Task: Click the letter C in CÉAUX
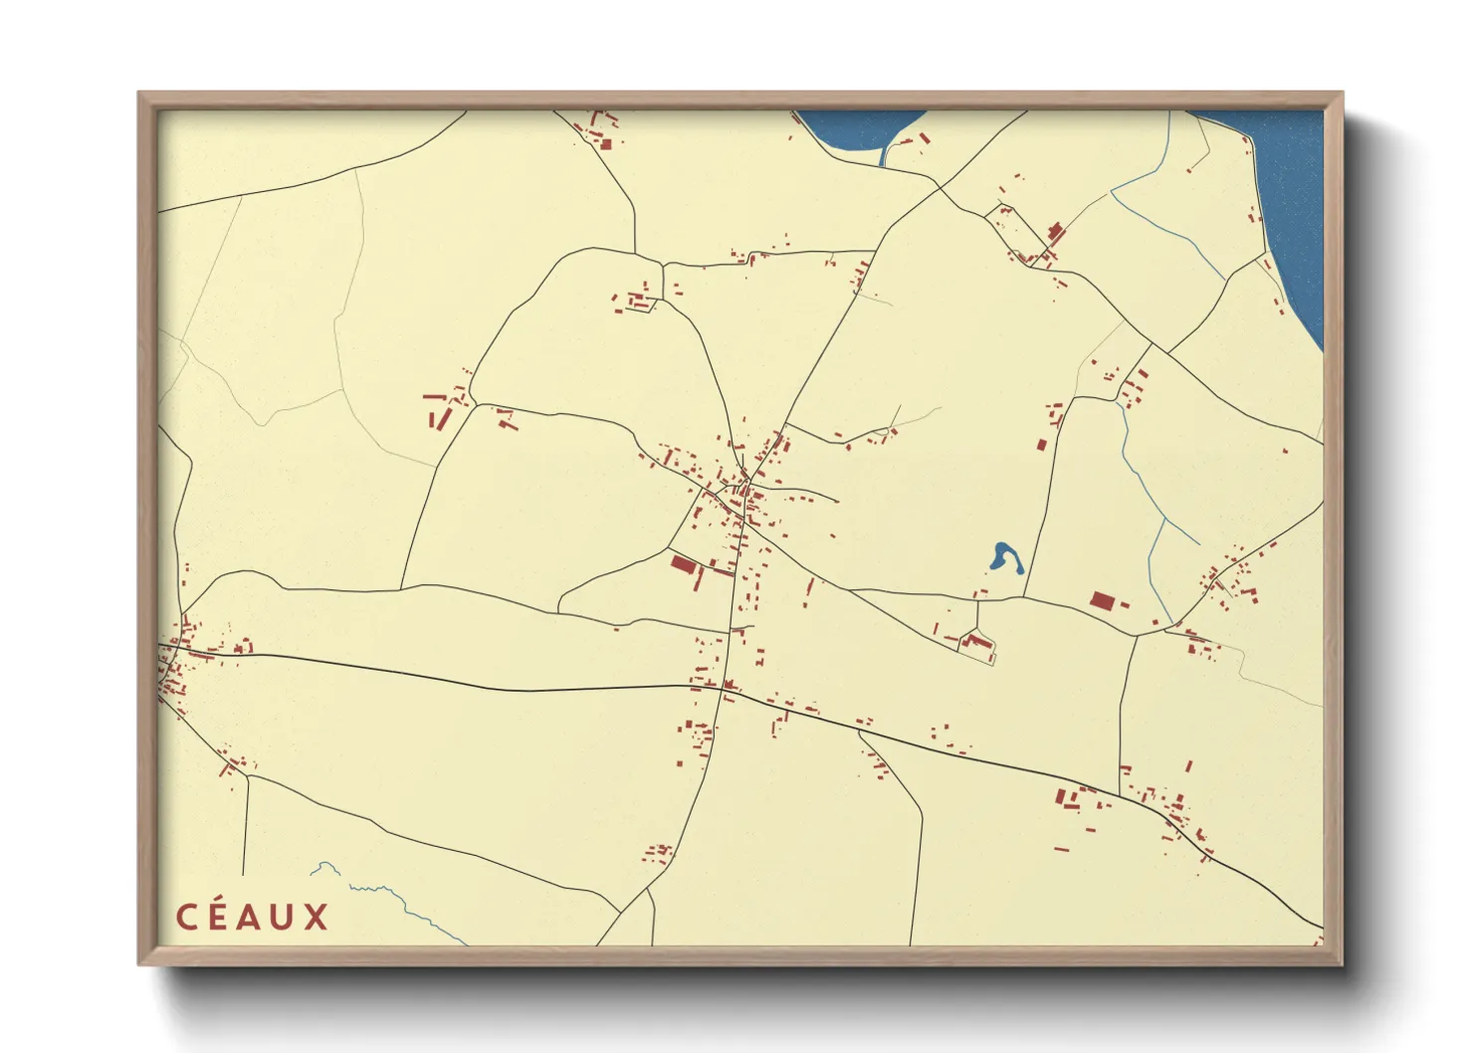[x=186, y=917]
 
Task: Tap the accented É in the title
[x=219, y=917]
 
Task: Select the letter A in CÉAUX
[x=251, y=918]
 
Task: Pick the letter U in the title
[x=284, y=918]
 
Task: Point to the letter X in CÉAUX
[x=316, y=918]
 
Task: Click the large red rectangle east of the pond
[x=1100, y=600]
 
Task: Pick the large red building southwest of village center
[x=682, y=565]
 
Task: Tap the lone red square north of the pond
[x=1042, y=444]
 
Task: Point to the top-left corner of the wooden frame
[x=139, y=94]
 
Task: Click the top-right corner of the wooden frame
[x=1342, y=94]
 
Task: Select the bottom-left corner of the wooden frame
[x=139, y=963]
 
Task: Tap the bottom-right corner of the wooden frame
[x=1342, y=963]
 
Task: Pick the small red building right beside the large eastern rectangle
[x=1125, y=604]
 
